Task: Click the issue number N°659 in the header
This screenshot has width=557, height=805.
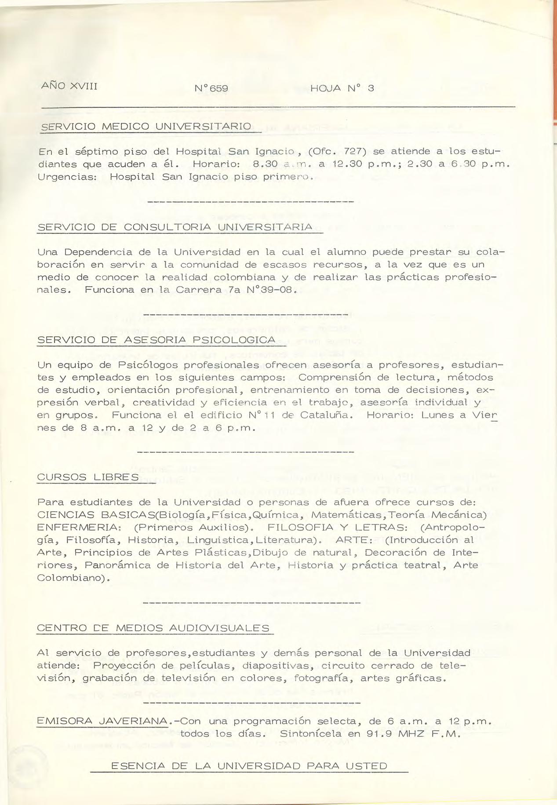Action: [211, 88]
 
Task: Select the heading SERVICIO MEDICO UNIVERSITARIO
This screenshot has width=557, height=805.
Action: [145, 127]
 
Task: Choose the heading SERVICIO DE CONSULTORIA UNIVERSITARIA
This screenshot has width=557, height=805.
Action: [175, 227]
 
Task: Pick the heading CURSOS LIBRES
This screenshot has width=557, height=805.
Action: [88, 477]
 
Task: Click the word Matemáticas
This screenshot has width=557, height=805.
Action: [346, 514]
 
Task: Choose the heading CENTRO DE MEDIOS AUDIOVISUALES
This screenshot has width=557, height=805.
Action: [153, 628]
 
